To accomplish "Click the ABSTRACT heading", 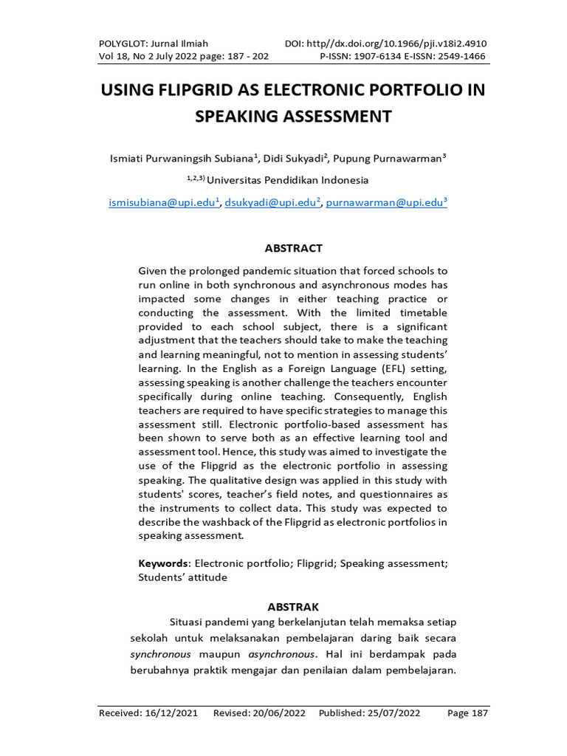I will [293, 248].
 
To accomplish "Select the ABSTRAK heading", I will [293, 606].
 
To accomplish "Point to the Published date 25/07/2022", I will [391, 713].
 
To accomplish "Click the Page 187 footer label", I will [468, 713].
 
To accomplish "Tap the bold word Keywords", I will [163, 563].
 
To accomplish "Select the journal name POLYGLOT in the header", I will [122, 44].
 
